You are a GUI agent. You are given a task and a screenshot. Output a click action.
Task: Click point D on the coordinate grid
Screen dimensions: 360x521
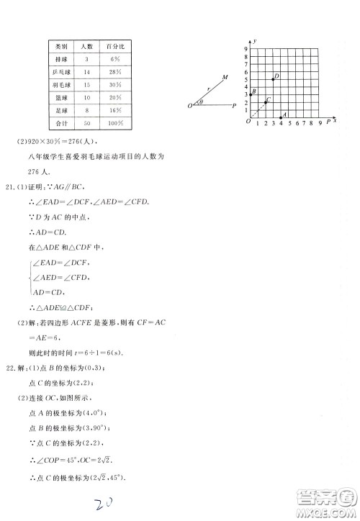point(273,78)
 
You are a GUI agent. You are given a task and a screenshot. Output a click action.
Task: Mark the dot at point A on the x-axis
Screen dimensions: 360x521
point(281,117)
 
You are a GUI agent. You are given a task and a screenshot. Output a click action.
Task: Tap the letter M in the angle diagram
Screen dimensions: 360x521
point(225,77)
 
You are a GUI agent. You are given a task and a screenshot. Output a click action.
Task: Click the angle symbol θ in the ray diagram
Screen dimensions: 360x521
point(202,103)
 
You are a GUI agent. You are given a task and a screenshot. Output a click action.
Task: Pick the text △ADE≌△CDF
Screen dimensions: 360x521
point(62,305)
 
